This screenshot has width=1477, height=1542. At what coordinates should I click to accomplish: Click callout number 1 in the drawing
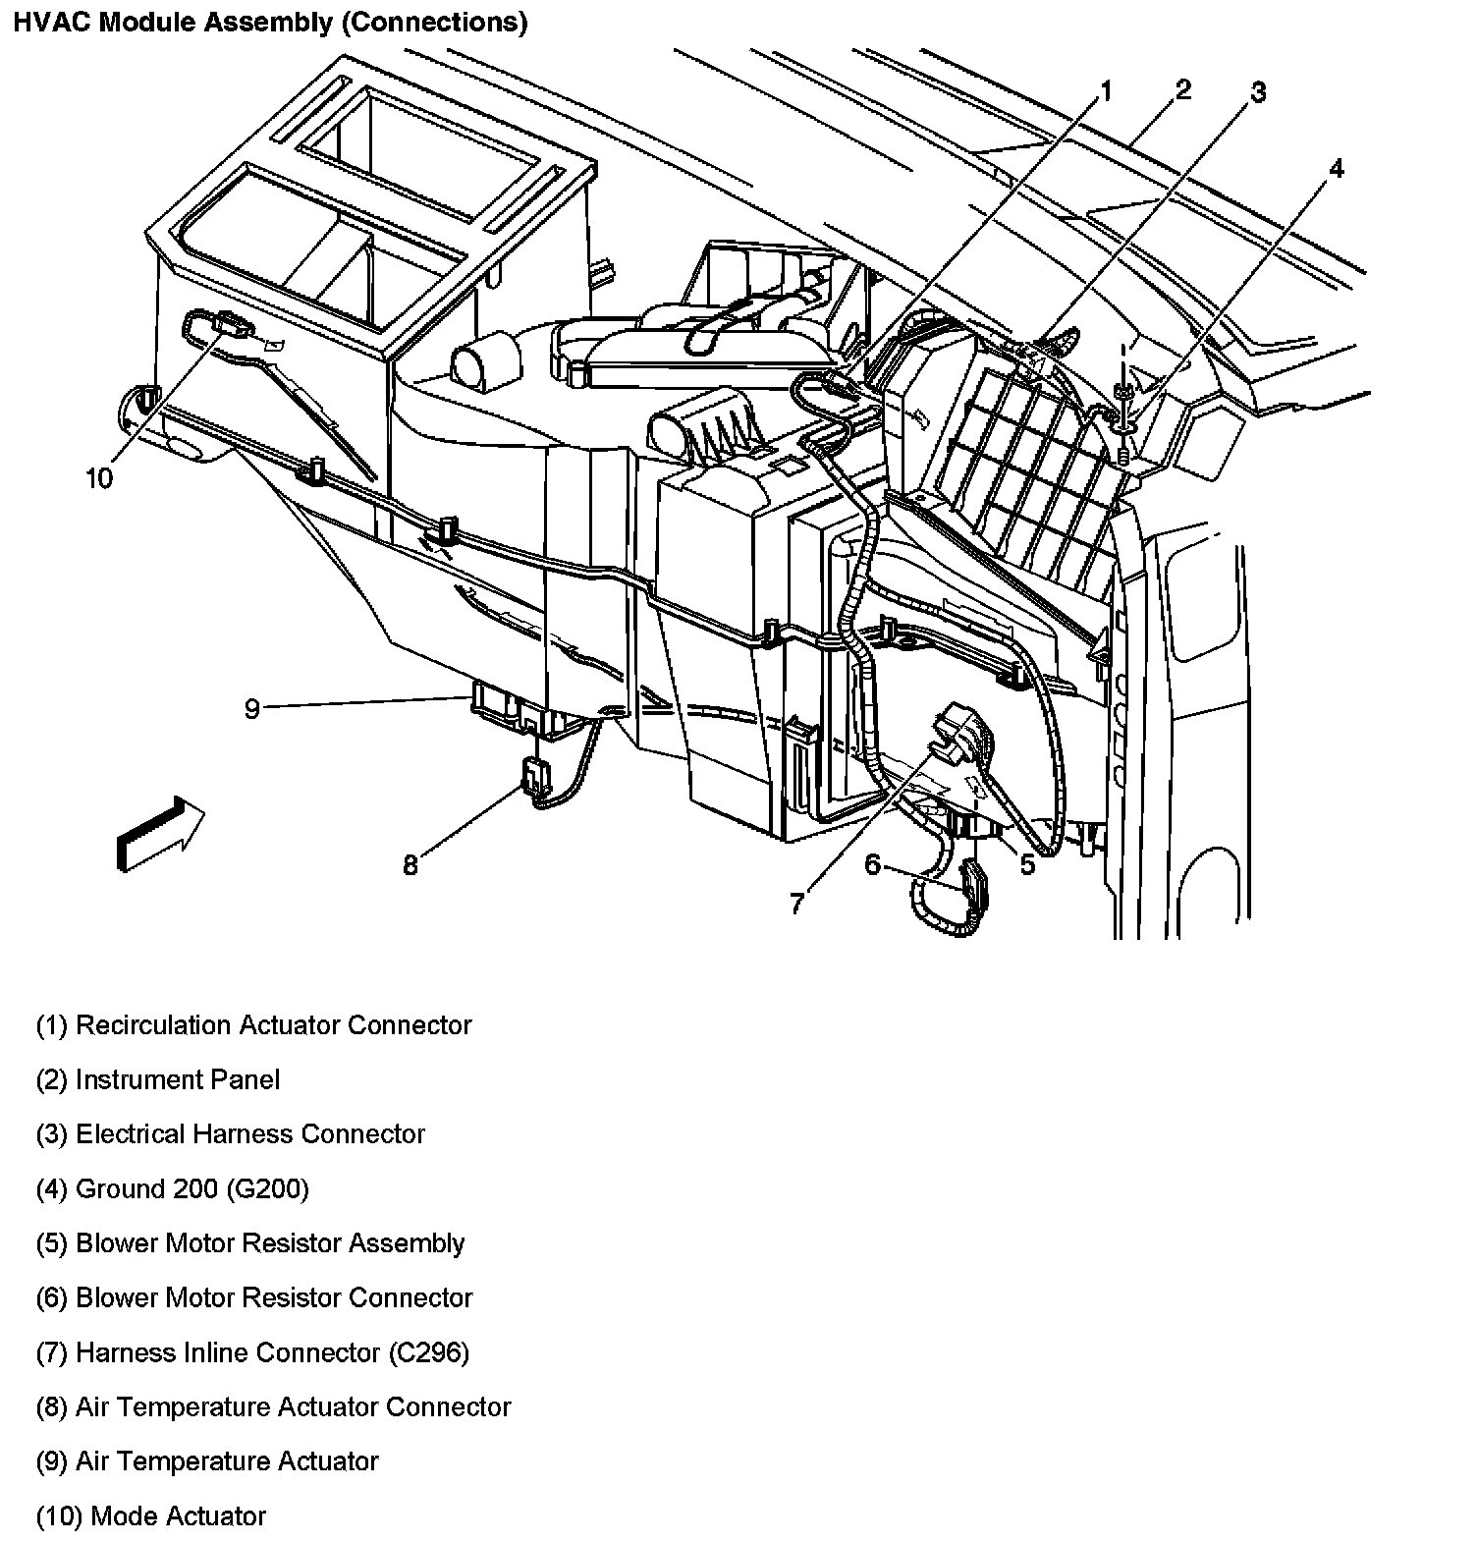point(1105,92)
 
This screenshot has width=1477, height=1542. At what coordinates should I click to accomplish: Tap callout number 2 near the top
point(1182,90)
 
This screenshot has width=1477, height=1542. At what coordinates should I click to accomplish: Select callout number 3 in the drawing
point(1257,92)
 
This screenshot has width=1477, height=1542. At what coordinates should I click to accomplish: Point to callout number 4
point(1336,169)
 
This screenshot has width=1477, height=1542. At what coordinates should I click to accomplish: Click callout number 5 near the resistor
point(1027,865)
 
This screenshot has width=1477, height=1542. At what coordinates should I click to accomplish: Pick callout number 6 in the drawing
point(873,864)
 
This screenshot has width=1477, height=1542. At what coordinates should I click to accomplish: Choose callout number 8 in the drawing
point(410,864)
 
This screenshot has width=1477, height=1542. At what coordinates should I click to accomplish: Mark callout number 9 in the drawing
point(252,708)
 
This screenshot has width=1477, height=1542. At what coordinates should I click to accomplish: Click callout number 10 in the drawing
point(99,478)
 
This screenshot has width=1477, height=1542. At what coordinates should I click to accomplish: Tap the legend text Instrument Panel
point(178,1080)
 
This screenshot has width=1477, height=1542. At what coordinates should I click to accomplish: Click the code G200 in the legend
point(267,1189)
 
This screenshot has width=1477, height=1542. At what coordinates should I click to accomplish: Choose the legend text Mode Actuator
point(178,1516)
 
